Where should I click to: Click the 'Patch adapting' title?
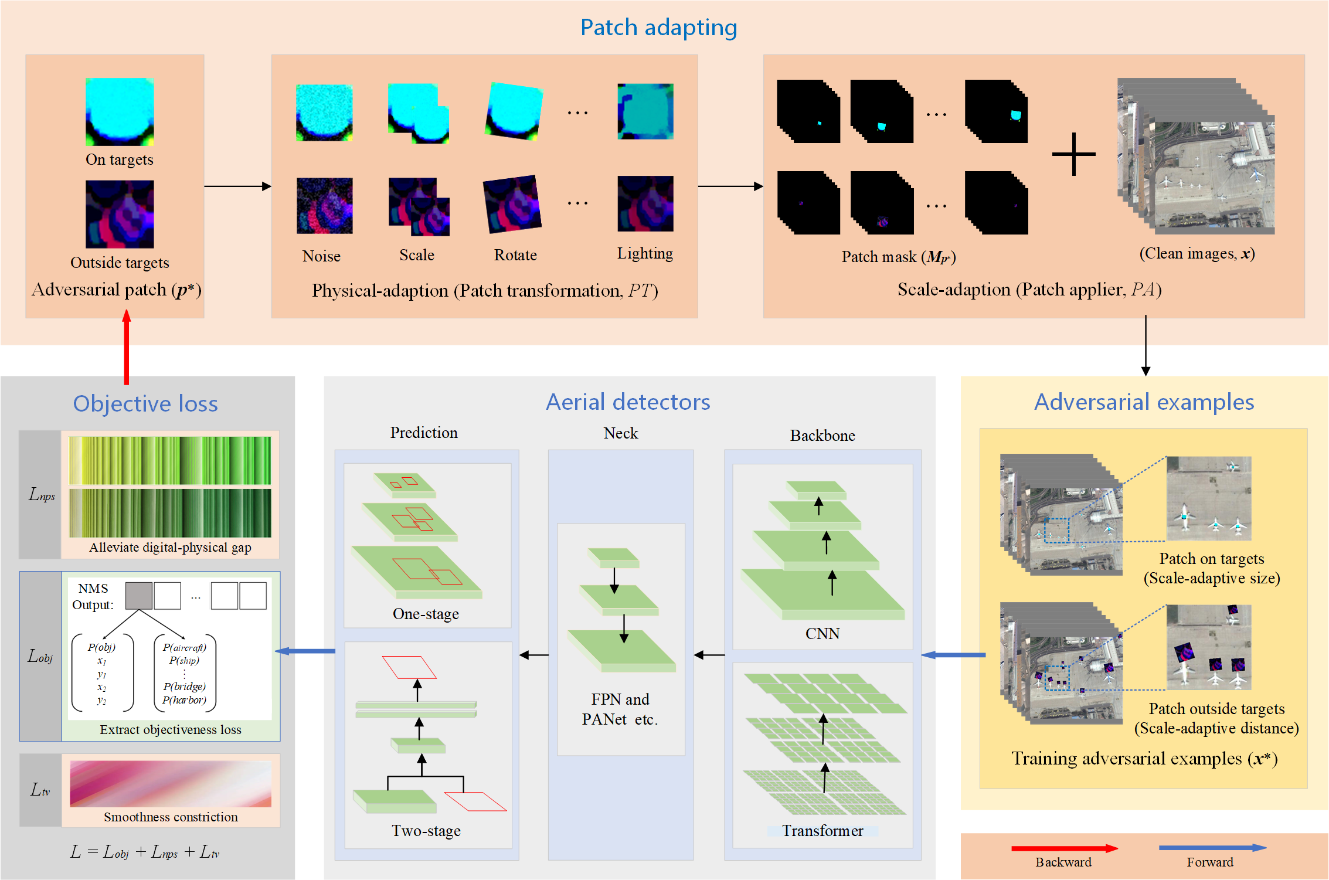[x=658, y=28]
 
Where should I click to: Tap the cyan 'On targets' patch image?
[x=120, y=111]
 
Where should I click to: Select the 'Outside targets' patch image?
[x=120, y=214]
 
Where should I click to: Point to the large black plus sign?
[x=1073, y=154]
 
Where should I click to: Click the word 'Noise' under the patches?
[x=321, y=256]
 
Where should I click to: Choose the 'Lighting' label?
[x=645, y=253]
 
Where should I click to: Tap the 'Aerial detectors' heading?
[x=628, y=402]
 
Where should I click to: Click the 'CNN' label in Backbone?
[x=822, y=634]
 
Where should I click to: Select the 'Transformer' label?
[x=822, y=831]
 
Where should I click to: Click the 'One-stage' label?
[x=426, y=614]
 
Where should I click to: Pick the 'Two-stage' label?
[x=426, y=831]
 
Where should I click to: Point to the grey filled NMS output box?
[x=139, y=596]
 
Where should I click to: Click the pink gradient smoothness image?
[x=170, y=784]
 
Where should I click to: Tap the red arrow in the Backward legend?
[x=1064, y=848]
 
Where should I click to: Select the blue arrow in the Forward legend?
[x=1212, y=848]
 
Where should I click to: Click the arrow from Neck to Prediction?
[x=534, y=655]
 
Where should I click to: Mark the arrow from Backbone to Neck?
[x=709, y=655]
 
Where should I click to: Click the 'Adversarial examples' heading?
[x=1144, y=402]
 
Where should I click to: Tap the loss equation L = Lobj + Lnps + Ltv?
[x=145, y=852]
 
